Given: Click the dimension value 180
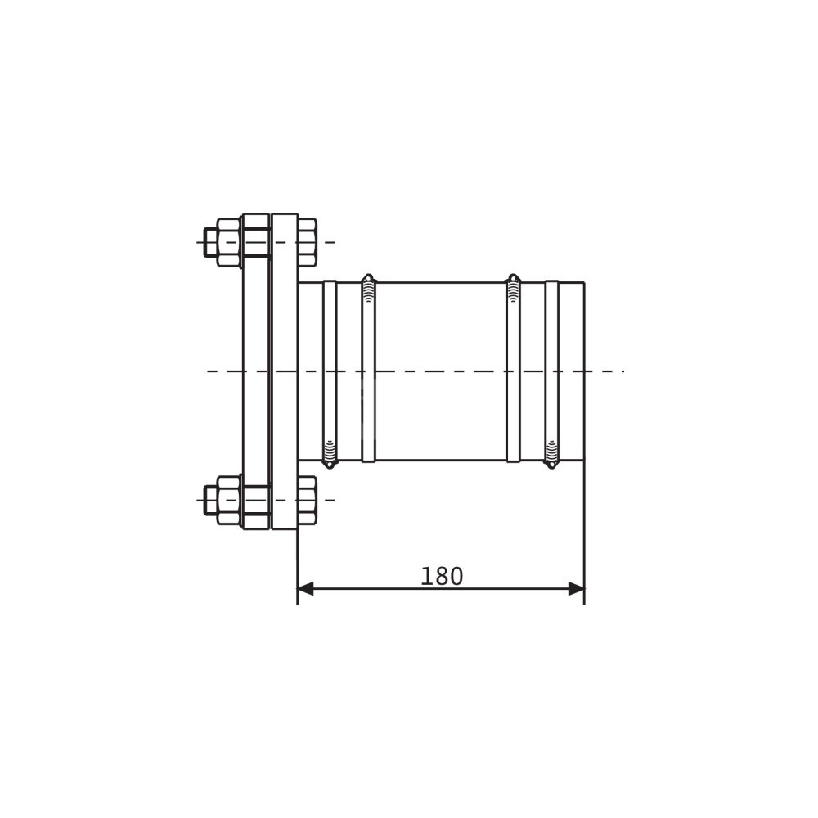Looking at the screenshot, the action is point(442,577).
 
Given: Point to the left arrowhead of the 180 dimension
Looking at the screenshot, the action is point(306,588).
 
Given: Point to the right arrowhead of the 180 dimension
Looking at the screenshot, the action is point(576,588).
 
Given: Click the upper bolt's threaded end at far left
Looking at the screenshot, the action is point(211,243).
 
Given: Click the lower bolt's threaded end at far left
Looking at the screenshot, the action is point(211,501).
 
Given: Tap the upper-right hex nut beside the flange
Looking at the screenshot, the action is point(308,243).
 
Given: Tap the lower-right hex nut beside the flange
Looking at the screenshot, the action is point(308,501).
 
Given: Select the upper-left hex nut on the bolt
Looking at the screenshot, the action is point(229,243).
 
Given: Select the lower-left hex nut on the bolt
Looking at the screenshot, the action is point(229,501).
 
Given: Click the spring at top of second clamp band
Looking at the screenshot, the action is point(368,289).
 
